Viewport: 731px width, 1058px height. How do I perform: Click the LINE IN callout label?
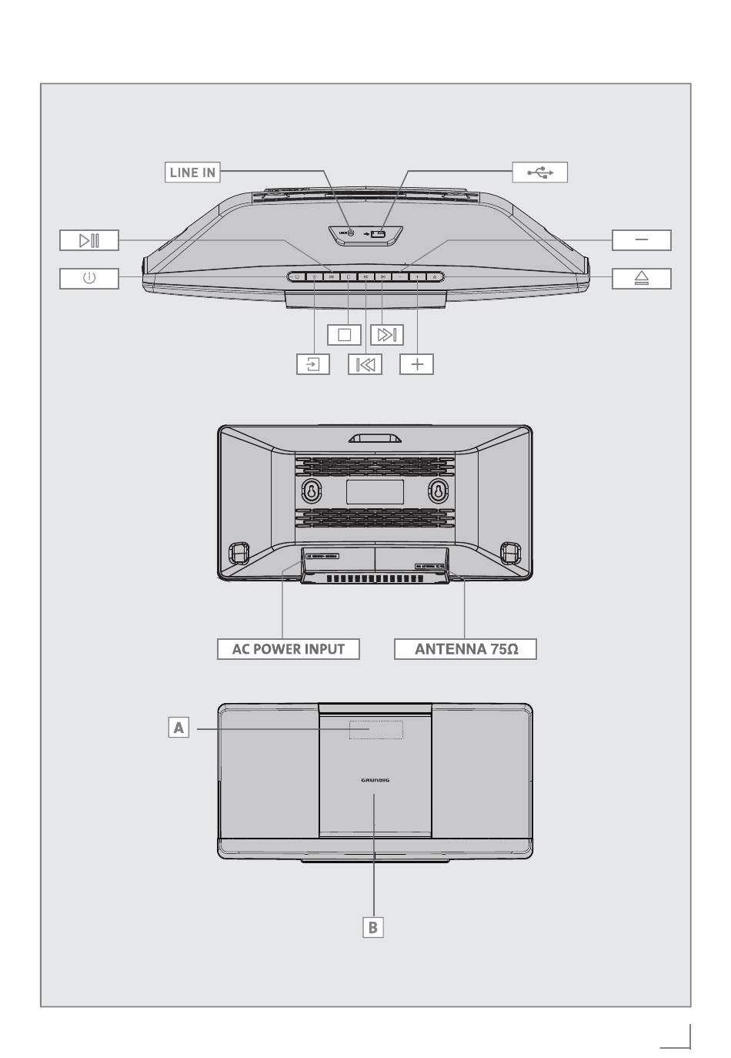(x=192, y=172)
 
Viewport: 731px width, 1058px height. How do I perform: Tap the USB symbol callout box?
(x=539, y=172)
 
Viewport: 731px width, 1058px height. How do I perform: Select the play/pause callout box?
(x=89, y=240)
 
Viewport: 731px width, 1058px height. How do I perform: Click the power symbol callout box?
(x=89, y=278)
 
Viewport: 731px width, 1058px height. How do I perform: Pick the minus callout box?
(x=641, y=240)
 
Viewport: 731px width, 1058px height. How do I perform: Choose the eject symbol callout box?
(x=641, y=278)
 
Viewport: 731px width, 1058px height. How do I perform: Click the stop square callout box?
(x=344, y=335)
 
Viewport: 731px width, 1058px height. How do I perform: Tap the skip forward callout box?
(x=386, y=335)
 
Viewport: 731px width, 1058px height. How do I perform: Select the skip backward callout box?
(x=365, y=364)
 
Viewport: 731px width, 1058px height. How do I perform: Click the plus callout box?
(x=416, y=364)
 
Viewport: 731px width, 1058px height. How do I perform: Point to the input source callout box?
(x=313, y=364)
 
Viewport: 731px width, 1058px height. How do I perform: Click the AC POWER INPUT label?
(x=289, y=648)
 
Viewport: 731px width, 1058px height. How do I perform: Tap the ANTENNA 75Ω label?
(x=466, y=648)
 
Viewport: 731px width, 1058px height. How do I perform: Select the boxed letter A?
(x=179, y=727)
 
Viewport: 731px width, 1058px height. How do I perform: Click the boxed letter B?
(x=373, y=927)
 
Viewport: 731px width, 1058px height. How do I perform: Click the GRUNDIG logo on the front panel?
(x=375, y=780)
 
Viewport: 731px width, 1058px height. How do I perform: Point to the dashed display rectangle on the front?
(x=376, y=729)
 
